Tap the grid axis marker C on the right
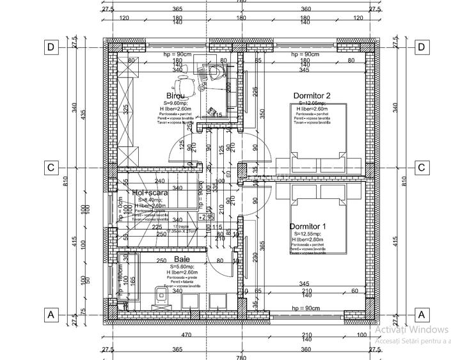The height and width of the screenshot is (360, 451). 421,168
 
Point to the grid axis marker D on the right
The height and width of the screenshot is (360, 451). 421,47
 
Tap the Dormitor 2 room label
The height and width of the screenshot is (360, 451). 312,96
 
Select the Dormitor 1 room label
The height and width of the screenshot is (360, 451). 308,227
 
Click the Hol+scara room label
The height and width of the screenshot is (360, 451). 150,192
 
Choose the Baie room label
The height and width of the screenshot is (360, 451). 181,260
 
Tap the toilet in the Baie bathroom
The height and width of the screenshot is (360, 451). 162,295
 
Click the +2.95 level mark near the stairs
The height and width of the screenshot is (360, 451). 205,217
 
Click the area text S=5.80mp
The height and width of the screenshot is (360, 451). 181,266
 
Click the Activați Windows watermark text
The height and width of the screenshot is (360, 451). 411,330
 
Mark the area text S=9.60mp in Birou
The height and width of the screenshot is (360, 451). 175,103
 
